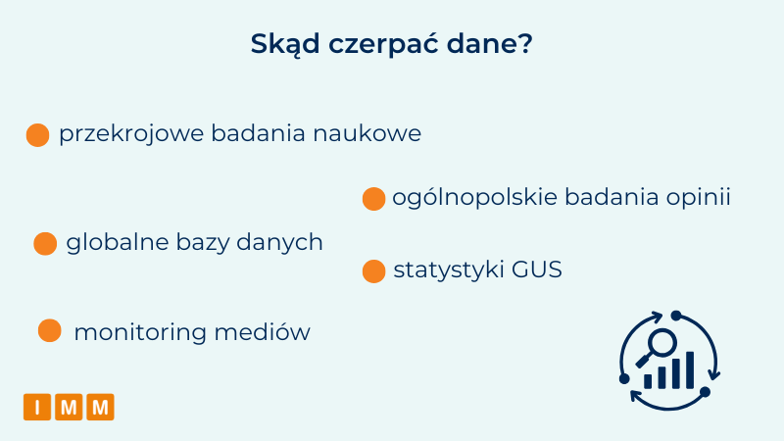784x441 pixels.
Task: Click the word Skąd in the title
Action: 285,45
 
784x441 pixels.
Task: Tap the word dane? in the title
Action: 489,44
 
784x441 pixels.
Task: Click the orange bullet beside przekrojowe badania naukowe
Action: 37,135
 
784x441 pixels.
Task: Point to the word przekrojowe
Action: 131,134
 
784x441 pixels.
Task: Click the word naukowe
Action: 367,134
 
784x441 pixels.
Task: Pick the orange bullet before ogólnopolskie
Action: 373,199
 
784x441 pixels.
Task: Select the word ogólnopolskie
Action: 474,198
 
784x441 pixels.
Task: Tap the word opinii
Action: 698,198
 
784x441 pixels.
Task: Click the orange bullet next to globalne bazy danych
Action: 45,243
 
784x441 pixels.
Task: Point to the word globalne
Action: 118,242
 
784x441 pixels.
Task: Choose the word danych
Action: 279,243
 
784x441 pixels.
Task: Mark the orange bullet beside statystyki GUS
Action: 373,271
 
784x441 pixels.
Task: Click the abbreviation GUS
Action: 537,269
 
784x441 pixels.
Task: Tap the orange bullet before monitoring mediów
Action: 50,330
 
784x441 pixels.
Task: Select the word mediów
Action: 262,332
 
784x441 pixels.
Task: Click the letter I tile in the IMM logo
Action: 37,407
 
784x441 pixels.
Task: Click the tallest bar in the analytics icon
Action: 690,370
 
